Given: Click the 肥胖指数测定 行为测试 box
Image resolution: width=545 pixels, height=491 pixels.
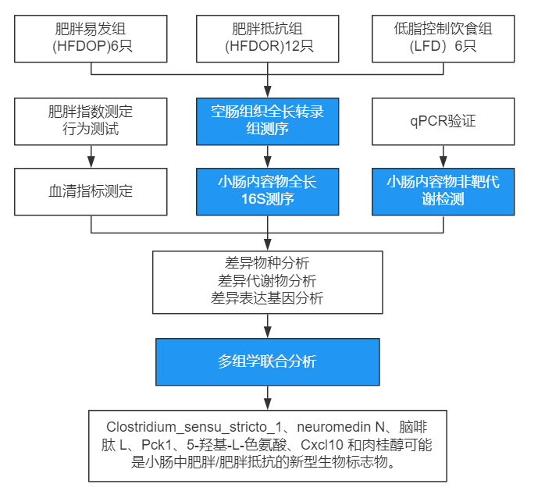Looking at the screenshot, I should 91,121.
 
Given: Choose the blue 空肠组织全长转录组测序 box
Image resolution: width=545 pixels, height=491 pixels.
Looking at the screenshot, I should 268,121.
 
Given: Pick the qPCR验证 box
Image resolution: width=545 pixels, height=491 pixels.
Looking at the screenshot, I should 443,121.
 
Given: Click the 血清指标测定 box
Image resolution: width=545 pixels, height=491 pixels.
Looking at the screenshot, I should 91,191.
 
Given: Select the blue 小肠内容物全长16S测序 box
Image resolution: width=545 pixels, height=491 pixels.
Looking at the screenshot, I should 268,191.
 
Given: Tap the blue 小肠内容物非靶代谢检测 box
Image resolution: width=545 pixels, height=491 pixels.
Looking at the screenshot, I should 443,191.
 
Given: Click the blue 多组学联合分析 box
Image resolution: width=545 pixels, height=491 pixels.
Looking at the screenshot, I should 268,361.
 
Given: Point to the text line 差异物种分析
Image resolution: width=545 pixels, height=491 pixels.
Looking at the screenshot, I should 268,263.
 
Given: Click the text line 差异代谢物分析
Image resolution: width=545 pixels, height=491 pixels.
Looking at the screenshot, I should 268,280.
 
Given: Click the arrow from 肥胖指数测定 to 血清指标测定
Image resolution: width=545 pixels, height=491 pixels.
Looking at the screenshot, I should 91,156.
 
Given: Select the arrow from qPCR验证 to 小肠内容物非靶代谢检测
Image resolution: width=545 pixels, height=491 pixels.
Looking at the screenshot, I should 443,156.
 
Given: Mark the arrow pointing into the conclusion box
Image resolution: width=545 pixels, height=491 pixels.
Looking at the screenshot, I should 268,397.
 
